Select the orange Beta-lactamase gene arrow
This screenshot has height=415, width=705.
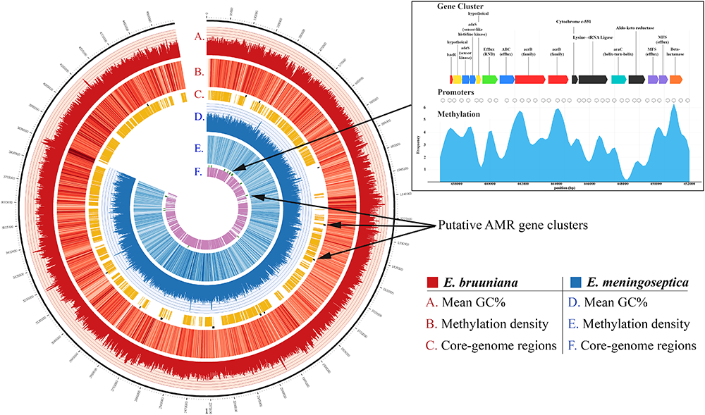point(676,80)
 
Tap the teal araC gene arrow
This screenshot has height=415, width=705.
point(619,80)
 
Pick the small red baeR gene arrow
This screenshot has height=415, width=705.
point(451,80)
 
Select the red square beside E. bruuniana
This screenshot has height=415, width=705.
point(432,283)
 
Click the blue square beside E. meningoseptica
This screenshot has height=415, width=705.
point(569,283)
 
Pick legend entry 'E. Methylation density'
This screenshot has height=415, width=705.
point(628,325)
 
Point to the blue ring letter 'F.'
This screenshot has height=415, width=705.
point(200,171)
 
